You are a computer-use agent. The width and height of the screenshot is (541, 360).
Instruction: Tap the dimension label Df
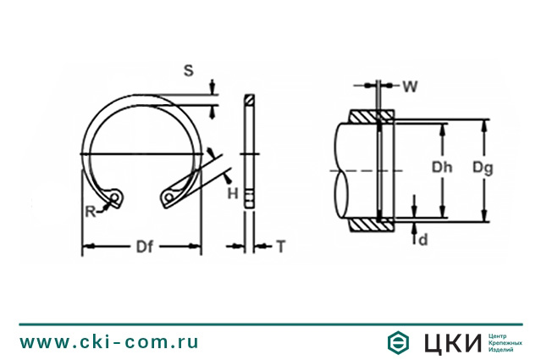tap(144, 247)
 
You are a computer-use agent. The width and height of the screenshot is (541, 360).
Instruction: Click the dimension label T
tap(280, 246)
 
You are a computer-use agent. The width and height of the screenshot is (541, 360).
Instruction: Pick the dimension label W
tap(410, 86)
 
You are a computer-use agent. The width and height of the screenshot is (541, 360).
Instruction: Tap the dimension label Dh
tap(442, 168)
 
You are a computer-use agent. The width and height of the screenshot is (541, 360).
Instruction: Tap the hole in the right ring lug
tap(169, 197)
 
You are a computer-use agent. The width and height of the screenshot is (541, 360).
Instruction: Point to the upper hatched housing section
tap(370, 115)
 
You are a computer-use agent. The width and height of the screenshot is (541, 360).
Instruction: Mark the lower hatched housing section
tap(370, 224)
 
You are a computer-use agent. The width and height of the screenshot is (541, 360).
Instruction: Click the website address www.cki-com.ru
tap(109, 342)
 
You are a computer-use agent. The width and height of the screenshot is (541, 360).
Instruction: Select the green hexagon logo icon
tap(397, 342)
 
